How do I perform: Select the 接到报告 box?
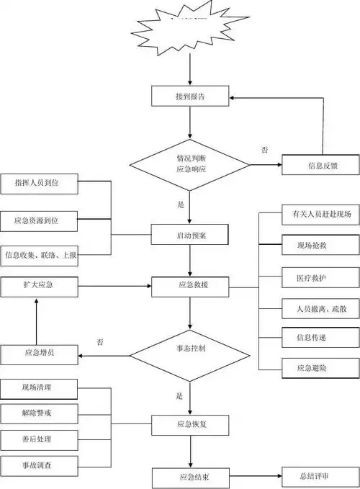pos(190,95)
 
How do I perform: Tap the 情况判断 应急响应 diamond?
pos(190,163)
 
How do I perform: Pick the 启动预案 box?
pos(190,233)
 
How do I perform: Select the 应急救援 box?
pos(190,286)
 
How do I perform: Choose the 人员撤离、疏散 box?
pos(307,308)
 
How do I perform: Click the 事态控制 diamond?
pos(190,347)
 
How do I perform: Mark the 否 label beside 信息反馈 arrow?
pos(265,150)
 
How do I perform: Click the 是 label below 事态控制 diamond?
pos(179,396)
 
